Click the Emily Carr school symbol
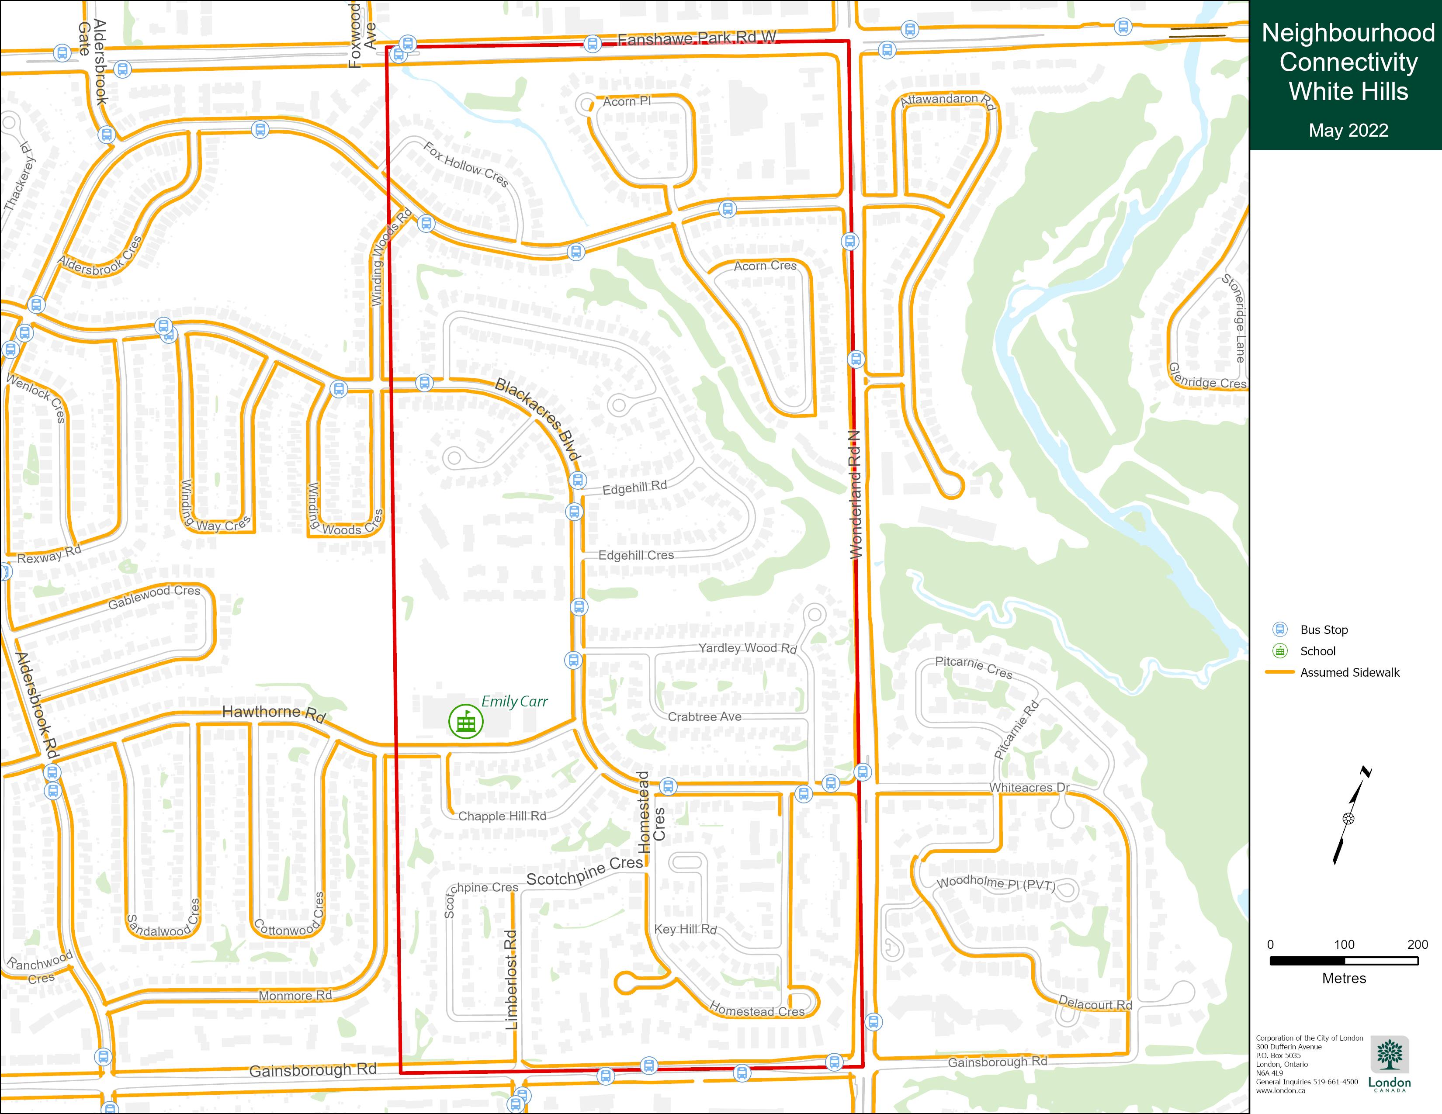pyautogui.click(x=465, y=721)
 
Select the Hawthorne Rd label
pyautogui.click(x=274, y=713)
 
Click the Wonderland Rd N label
pyautogui.click(x=855, y=495)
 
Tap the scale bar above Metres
pyautogui.click(x=1344, y=961)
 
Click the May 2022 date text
pyautogui.click(x=1348, y=131)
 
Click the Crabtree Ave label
pyautogui.click(x=704, y=717)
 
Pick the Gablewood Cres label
pyautogui.click(x=154, y=597)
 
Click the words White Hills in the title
pyautogui.click(x=1348, y=92)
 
